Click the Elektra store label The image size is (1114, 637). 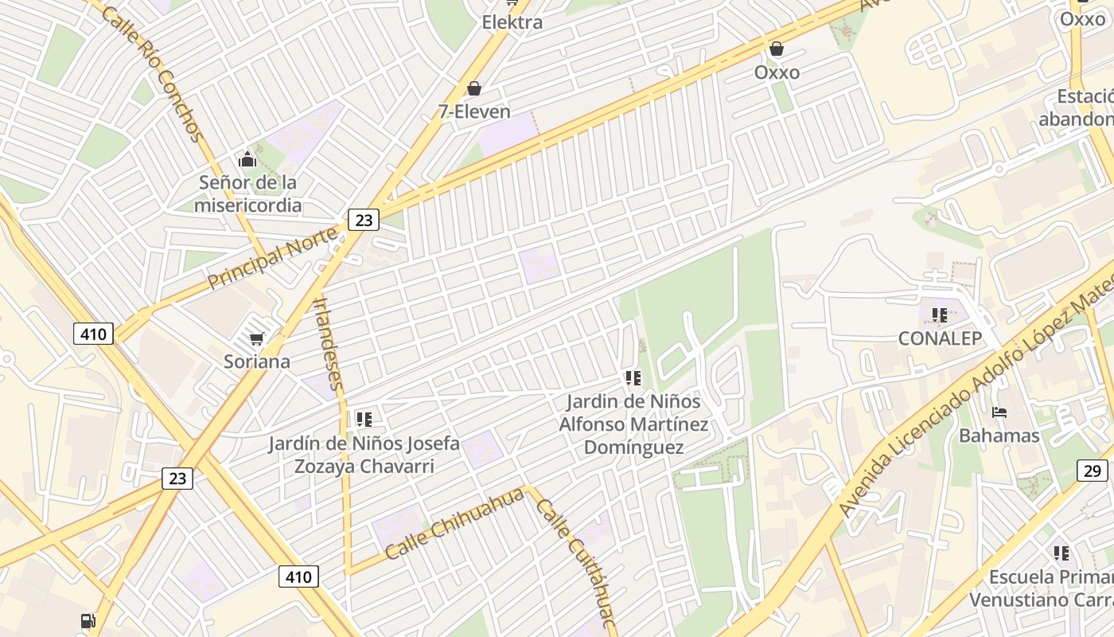pos(512,22)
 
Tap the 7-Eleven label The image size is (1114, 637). pos(474,111)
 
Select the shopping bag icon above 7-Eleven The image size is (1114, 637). pos(474,88)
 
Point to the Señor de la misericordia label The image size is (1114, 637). pos(248,193)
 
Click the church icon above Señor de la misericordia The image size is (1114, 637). pos(247,159)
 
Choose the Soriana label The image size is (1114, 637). pos(256,361)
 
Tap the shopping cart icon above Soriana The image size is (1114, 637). pos(256,339)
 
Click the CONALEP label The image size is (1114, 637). pos(940,338)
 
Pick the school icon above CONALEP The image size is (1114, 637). pos(940,315)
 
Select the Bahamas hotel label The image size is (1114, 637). pos(999,436)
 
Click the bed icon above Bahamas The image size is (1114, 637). pos(999,412)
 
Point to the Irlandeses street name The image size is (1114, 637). pos(329,343)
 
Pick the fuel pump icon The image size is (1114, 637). pos(88,621)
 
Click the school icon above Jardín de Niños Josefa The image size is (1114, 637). pos(364,419)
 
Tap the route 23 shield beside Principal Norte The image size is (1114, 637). pos(364,220)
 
